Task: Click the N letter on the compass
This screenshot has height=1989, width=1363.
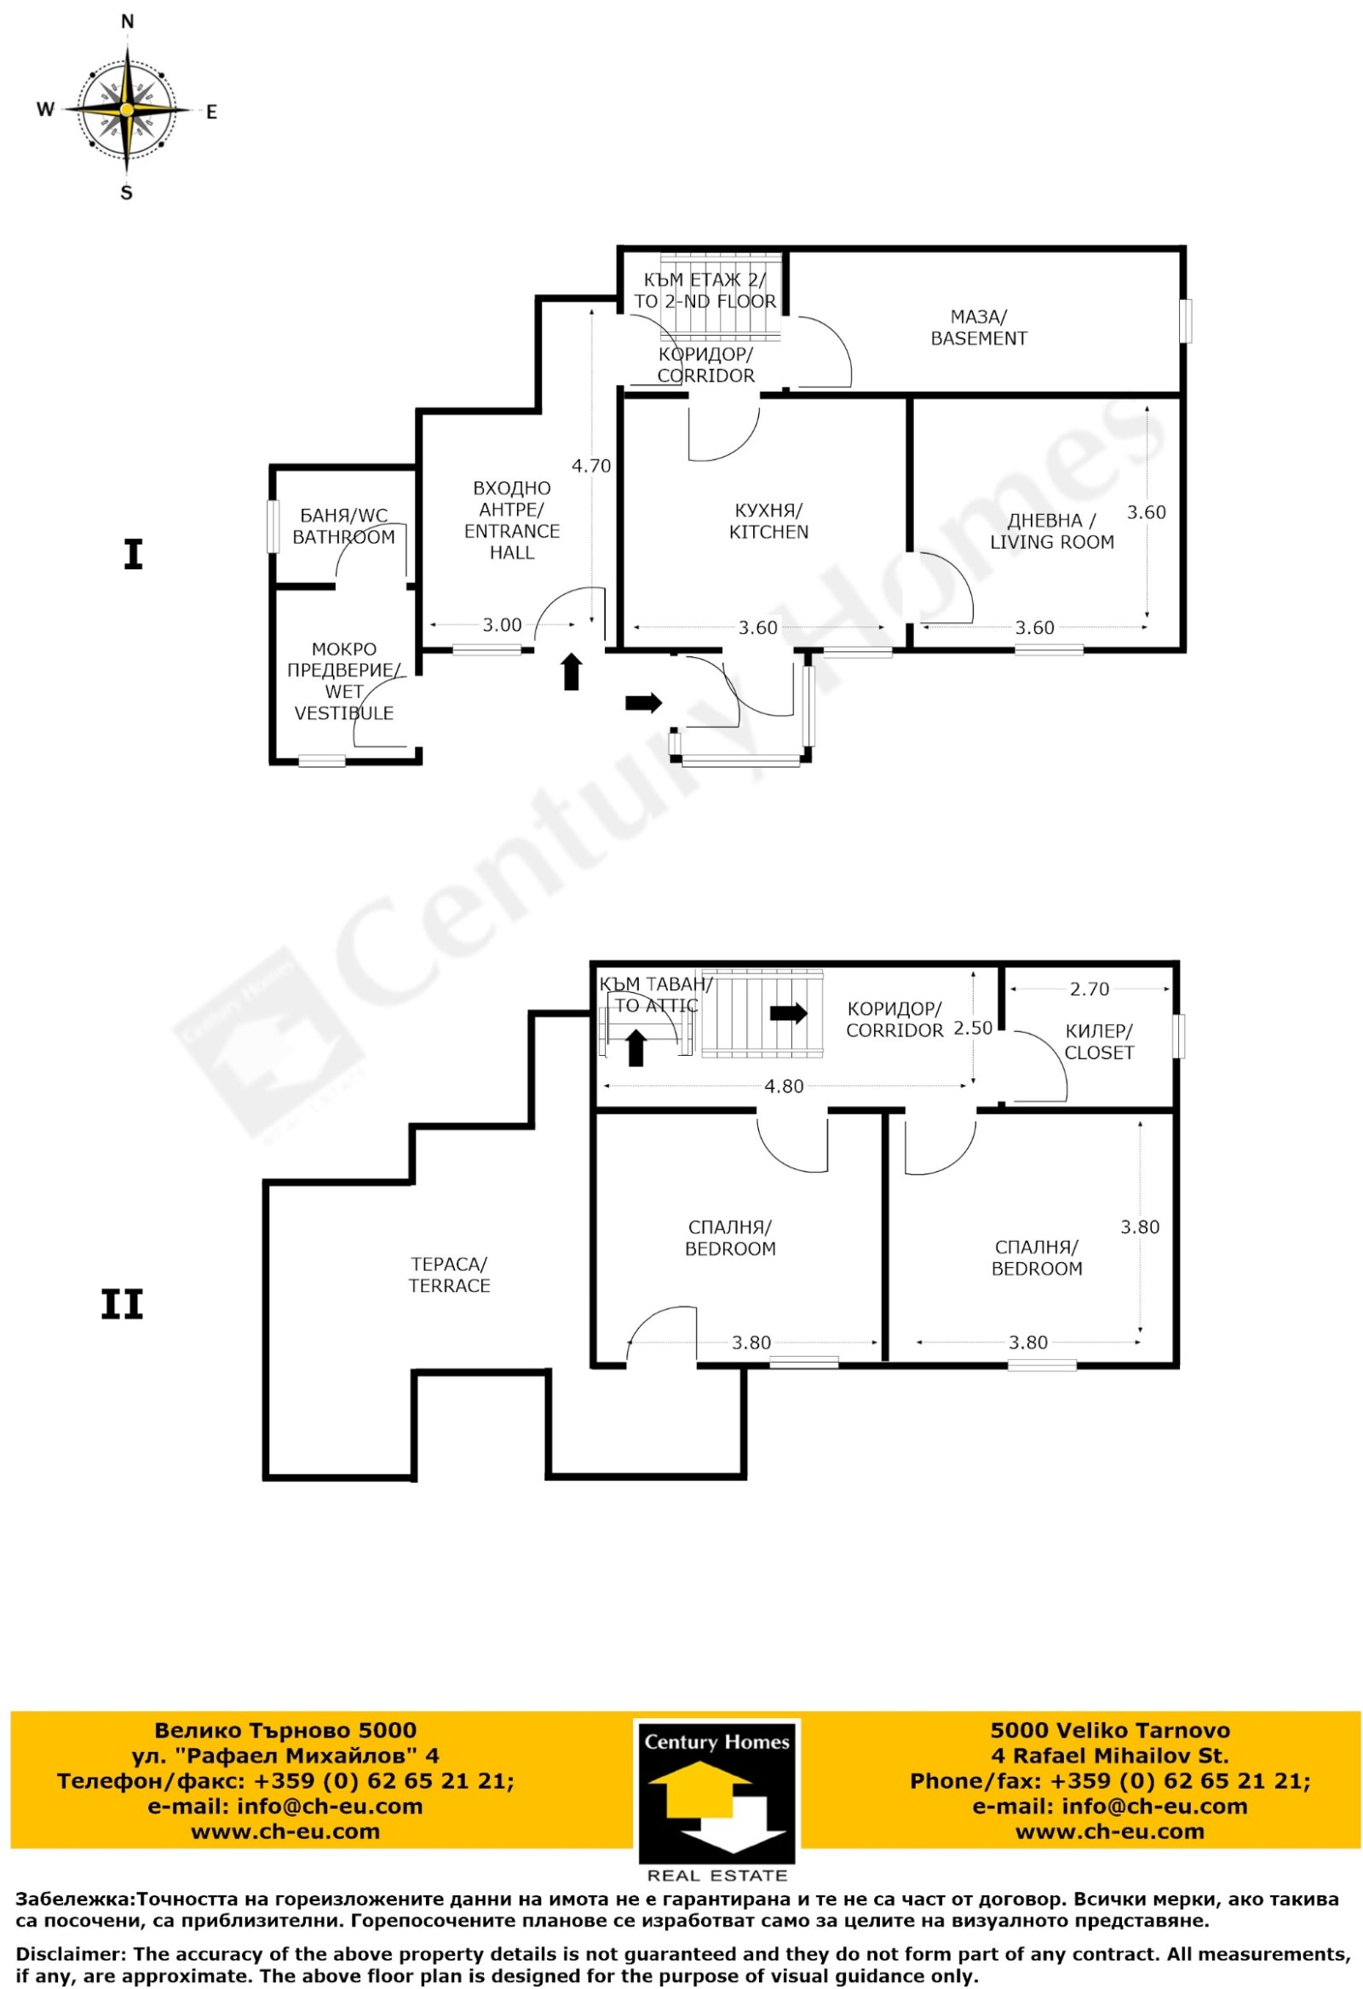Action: point(128,22)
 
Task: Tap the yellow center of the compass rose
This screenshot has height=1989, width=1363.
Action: point(127,110)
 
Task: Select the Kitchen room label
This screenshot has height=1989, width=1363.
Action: point(768,522)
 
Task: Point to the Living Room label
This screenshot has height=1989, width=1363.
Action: point(1051,532)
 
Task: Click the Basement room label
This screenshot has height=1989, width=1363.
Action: point(978,328)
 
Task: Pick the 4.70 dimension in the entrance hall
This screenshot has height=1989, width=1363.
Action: point(591,465)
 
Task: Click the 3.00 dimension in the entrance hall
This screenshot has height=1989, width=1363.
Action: point(502,625)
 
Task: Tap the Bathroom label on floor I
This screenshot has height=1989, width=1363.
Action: point(343,527)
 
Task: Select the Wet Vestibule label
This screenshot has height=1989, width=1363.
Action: point(344,681)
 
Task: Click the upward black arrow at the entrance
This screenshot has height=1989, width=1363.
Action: point(572,672)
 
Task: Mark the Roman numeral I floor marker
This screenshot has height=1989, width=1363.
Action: point(133,555)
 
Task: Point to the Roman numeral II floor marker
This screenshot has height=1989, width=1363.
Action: point(123,1305)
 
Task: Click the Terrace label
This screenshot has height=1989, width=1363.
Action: point(449,1274)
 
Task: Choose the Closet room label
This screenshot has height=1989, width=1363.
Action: point(1099,1041)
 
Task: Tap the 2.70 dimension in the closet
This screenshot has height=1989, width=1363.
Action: point(1090,989)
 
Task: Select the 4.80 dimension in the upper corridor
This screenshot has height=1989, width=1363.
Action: point(784,1086)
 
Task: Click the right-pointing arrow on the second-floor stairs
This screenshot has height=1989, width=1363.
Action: point(788,1013)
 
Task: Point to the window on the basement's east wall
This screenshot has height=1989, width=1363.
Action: point(1185,321)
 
